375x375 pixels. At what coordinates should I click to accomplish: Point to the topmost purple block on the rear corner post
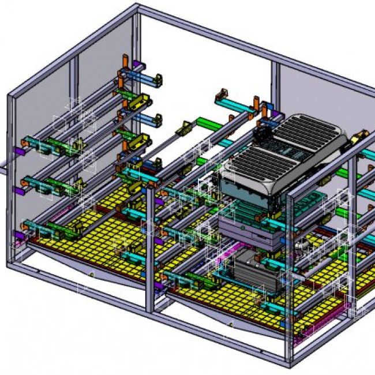point(137,64)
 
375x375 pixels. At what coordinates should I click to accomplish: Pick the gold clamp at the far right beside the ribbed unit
point(360,136)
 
